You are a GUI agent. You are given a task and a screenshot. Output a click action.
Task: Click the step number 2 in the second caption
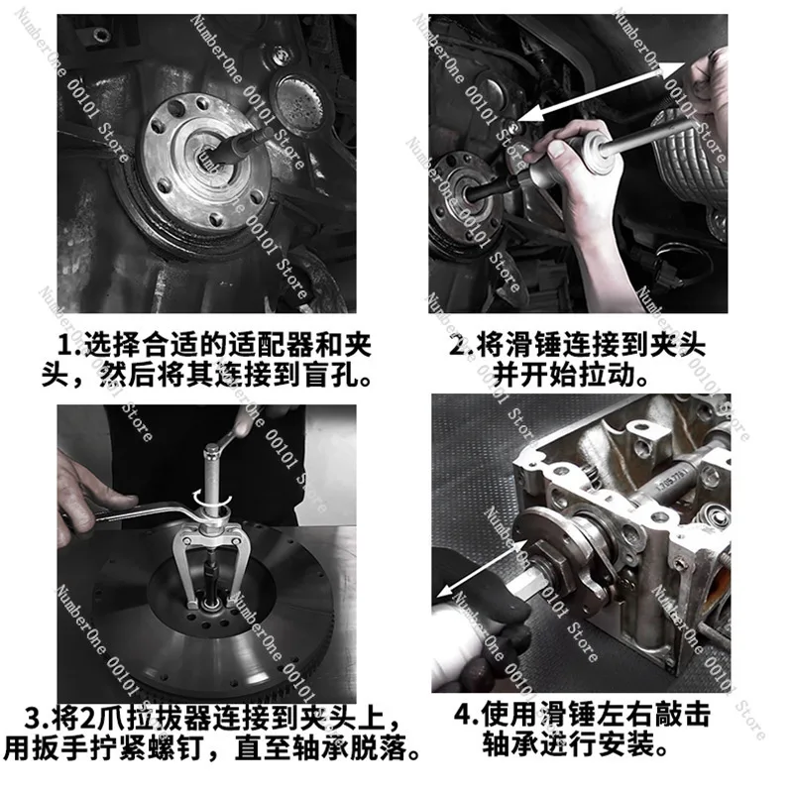[x=459, y=346]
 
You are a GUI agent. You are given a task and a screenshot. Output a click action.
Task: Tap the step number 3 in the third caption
[x=33, y=718]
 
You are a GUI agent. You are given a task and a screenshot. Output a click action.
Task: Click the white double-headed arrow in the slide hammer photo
[x=602, y=91]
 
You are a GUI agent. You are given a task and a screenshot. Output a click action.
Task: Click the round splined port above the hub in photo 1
[x=296, y=97]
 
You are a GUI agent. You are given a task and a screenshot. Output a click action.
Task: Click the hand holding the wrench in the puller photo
[x=88, y=499]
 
